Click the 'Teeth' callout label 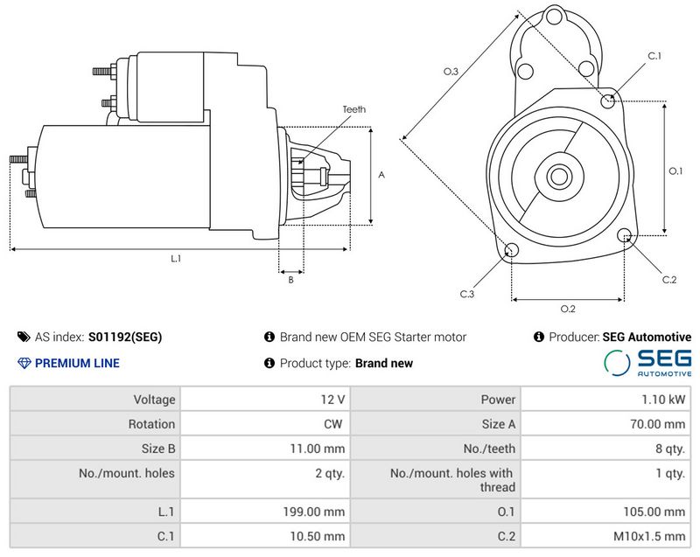point(353,109)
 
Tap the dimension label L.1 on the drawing point(175,258)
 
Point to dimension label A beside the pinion point(381,175)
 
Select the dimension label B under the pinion point(290,280)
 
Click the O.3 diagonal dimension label point(451,72)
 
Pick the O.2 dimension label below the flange point(567,308)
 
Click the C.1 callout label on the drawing point(654,56)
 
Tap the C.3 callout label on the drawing point(467,294)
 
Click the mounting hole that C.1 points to point(609,101)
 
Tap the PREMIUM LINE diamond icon point(24,363)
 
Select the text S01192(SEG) point(125,337)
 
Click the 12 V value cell point(264,400)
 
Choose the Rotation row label point(94,424)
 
